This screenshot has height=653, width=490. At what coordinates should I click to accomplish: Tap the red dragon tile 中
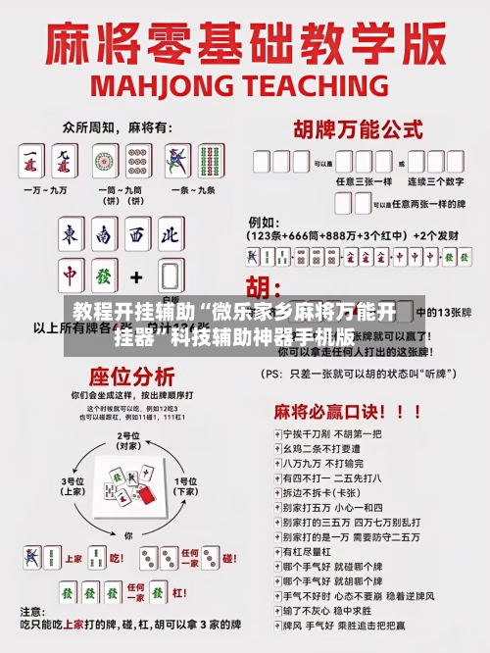click(x=71, y=276)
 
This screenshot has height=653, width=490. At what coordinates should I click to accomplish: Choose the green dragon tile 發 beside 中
click(x=104, y=276)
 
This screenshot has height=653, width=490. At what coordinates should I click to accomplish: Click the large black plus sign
click(x=137, y=276)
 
